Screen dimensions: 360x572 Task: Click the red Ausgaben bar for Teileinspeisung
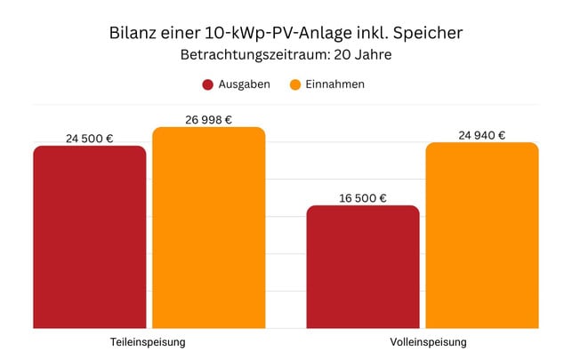[x=90, y=237]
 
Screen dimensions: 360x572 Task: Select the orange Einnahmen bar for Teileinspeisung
[x=209, y=228]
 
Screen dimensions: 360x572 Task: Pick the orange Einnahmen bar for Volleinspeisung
[x=482, y=236]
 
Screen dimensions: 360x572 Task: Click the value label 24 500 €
[x=90, y=138]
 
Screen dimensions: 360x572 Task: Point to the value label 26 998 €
[x=209, y=119]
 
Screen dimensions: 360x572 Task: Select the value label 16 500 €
[x=363, y=197]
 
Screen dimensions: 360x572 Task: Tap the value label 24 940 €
[x=482, y=135]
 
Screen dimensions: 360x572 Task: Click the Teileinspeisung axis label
[x=149, y=342]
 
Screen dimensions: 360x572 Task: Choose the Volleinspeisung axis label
[x=423, y=342]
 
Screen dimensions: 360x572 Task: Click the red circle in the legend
[x=207, y=84]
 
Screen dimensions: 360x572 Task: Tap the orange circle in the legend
[x=295, y=84]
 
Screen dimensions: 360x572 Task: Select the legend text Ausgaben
[x=245, y=84]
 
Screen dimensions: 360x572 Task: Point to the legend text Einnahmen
[x=336, y=84]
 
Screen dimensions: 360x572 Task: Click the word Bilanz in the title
[x=131, y=34]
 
